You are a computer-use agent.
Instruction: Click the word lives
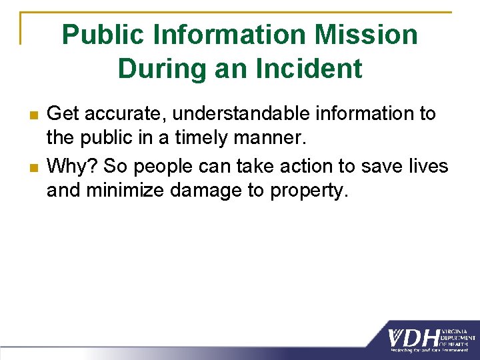pyautogui.click(x=426, y=165)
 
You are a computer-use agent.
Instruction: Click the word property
pyautogui.click(x=309, y=191)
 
